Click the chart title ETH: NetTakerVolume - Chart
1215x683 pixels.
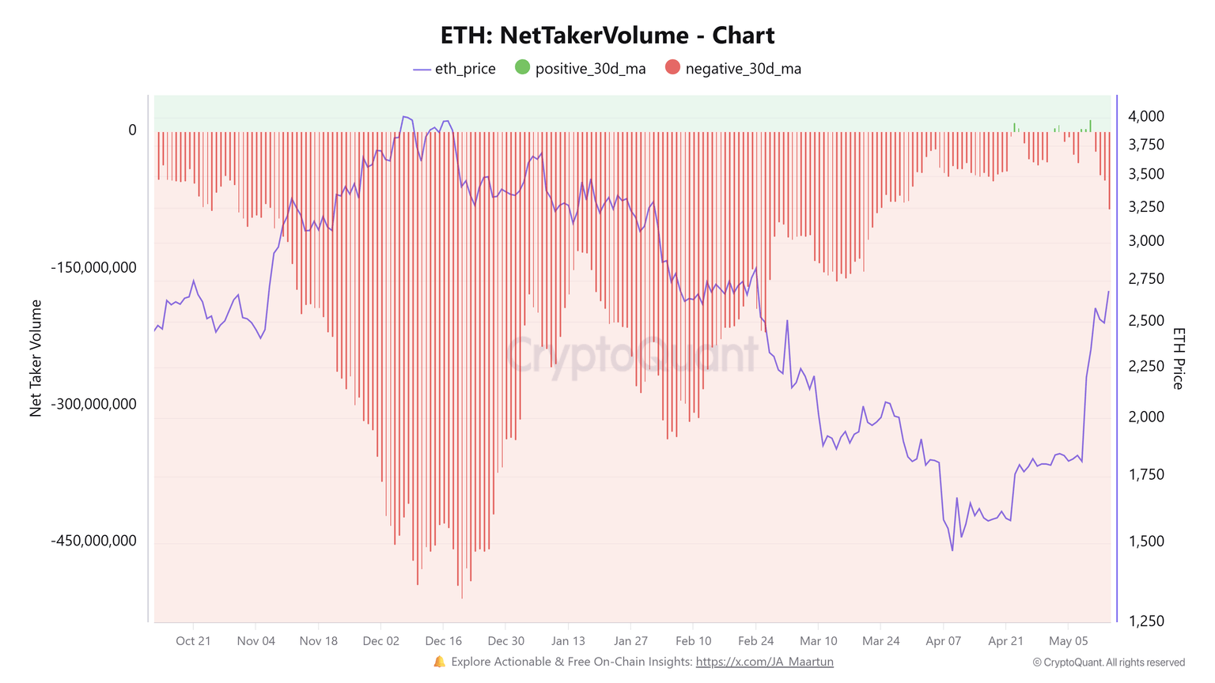[607, 36]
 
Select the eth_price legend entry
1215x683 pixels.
[455, 69]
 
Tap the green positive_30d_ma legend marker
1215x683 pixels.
[522, 68]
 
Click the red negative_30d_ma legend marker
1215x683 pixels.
[672, 68]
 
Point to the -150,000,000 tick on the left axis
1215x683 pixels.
[94, 267]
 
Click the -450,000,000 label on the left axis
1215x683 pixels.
[94, 541]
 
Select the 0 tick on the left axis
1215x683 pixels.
[132, 130]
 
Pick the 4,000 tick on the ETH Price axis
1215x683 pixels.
[1146, 116]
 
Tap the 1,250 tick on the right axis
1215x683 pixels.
[1146, 621]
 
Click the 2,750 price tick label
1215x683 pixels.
[1146, 279]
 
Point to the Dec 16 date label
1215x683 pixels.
[443, 641]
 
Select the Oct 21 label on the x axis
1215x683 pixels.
[193, 641]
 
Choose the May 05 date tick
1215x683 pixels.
[1068, 641]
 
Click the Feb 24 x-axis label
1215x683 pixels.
[755, 641]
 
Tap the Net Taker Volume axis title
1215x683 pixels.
[36, 358]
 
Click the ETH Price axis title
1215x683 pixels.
[1179, 358]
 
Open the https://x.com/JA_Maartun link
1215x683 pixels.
[764, 662]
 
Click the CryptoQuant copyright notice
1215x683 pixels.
[1108, 662]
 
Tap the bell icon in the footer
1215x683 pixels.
[440, 662]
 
